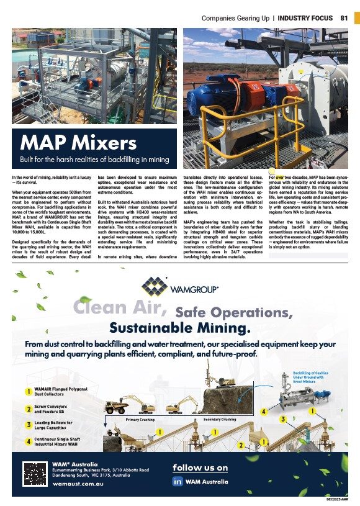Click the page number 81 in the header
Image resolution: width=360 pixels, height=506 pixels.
tap(344, 18)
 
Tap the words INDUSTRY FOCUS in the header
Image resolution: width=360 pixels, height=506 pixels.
tap(305, 18)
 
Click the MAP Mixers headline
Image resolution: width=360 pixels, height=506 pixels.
tap(78, 143)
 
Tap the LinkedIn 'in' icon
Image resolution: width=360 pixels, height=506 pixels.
tap(178, 481)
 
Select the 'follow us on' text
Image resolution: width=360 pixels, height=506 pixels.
tap(200, 468)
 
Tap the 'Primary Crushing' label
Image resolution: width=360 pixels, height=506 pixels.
tap(140, 420)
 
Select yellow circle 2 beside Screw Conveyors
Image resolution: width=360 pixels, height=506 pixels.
tap(29, 409)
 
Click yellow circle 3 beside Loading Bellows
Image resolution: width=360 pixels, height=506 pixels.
tap(29, 425)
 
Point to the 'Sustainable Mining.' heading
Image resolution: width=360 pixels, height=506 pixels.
tap(179, 327)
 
